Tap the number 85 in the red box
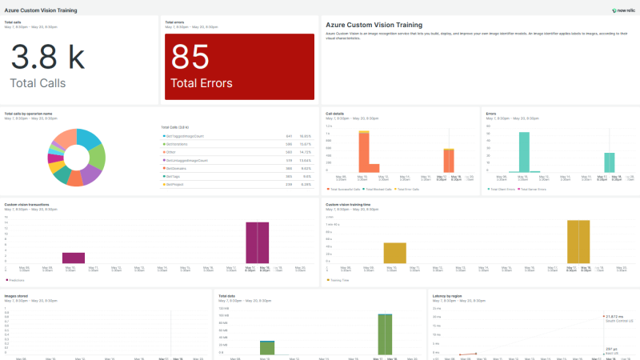[x=190, y=58]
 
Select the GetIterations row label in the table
[x=177, y=144]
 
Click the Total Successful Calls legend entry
[x=347, y=190]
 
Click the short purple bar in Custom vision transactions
[x=74, y=258]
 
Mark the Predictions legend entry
[x=16, y=279]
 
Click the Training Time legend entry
[x=338, y=279]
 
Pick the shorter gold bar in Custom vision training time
[x=395, y=253]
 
